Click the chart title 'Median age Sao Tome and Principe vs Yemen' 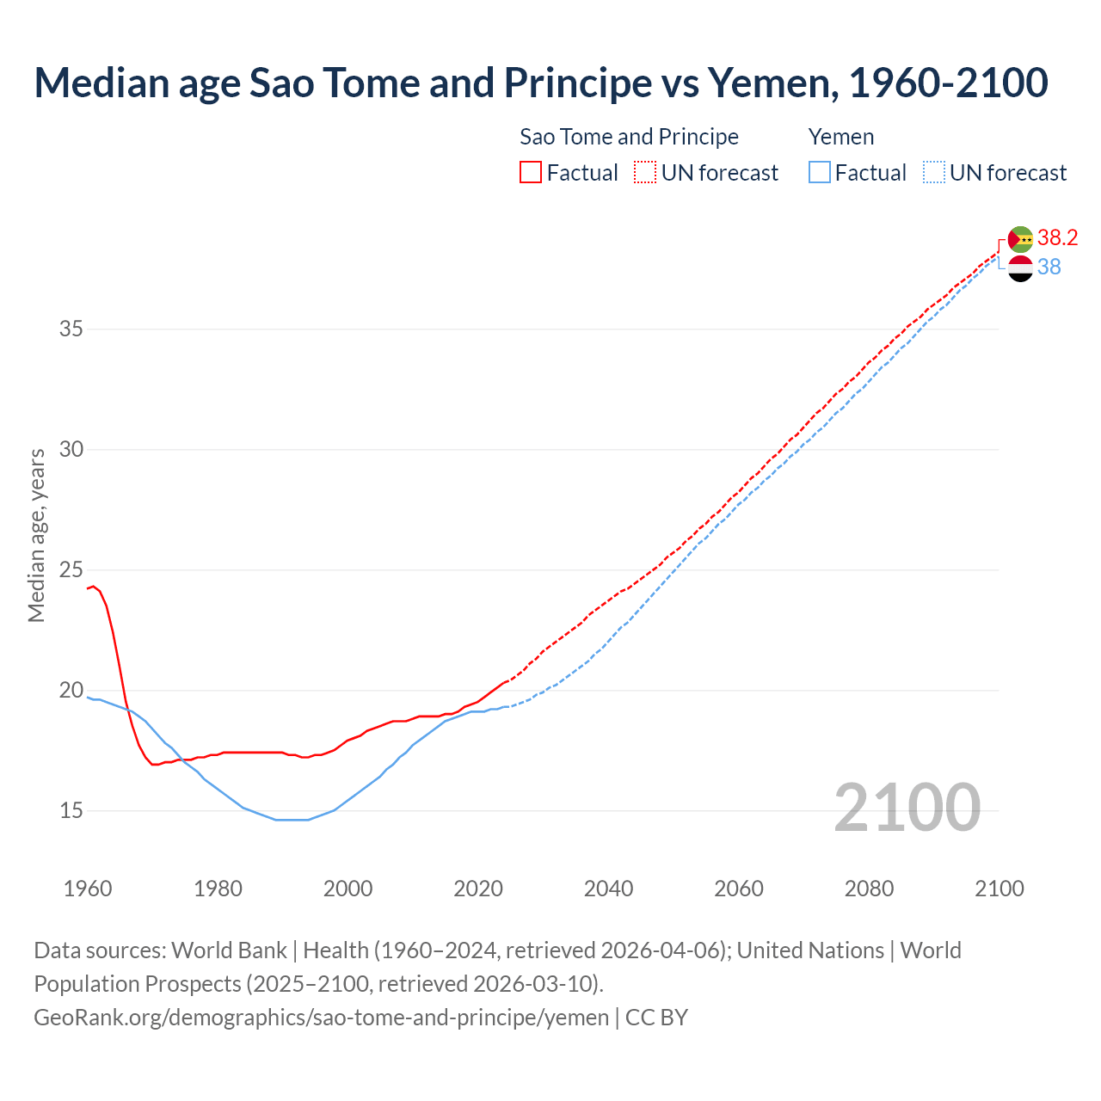click(540, 83)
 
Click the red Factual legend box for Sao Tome click(531, 172)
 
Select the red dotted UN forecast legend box click(645, 172)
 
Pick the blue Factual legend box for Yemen click(819, 172)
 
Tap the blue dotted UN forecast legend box click(933, 172)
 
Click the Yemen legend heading click(840, 137)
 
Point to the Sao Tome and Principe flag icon click(1020, 239)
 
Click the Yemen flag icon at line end click(1020, 268)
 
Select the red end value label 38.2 click(1057, 237)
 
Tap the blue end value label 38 click(1049, 267)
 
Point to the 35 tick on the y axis click(71, 329)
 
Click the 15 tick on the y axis click(71, 810)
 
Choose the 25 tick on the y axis click(71, 569)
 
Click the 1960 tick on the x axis click(88, 889)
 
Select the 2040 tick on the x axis click(608, 889)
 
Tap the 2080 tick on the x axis click(869, 889)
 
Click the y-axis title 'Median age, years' click(36, 535)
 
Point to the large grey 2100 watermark click(907, 807)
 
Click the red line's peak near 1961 click(94, 586)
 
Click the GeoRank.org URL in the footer click(321, 1018)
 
